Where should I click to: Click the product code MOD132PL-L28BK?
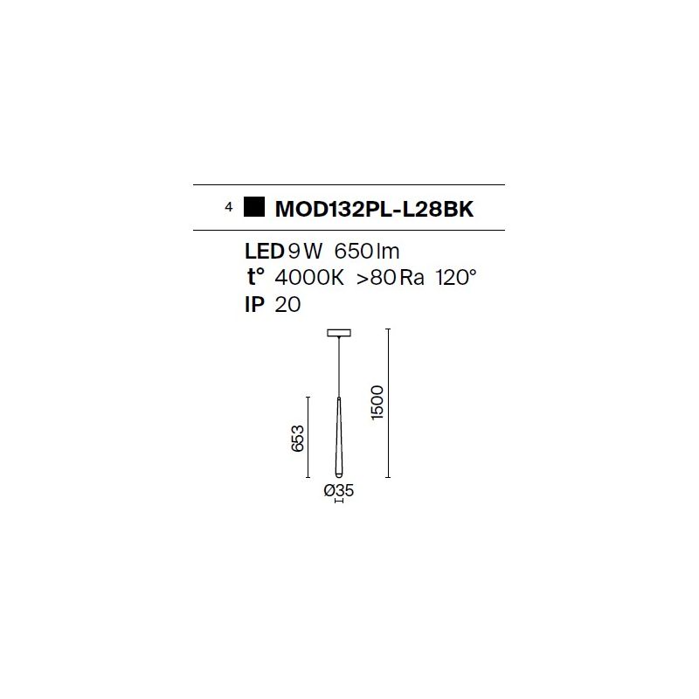[x=374, y=209]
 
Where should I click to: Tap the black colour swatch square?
[x=254, y=207]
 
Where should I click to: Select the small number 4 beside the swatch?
[x=229, y=207]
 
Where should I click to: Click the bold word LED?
[x=265, y=252]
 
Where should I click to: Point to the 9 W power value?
[x=305, y=252]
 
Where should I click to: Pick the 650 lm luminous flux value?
[x=366, y=252]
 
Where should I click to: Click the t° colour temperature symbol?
[x=255, y=277]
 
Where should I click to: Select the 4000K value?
[x=309, y=278]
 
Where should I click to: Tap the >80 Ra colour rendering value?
[x=390, y=278]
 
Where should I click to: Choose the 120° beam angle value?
[x=455, y=277]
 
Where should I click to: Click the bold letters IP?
[x=254, y=304]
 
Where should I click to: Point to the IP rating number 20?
[x=287, y=304]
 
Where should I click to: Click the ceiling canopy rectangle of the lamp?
[x=339, y=333]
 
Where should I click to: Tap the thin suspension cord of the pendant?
[x=339, y=366]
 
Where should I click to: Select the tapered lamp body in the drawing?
[x=339, y=438]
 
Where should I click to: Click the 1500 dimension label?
[x=377, y=403]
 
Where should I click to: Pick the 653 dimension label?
[x=297, y=439]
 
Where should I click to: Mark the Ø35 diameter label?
[x=339, y=490]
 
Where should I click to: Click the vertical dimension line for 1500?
[x=388, y=403]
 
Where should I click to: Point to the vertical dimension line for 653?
[x=308, y=438]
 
